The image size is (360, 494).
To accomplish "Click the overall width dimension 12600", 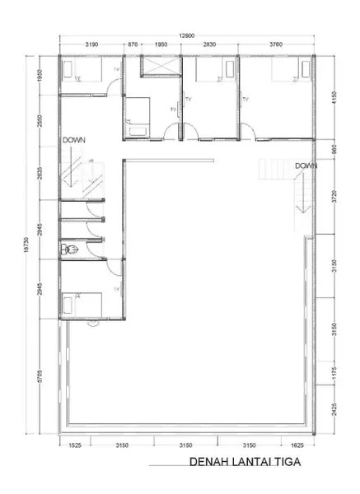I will [x=188, y=35].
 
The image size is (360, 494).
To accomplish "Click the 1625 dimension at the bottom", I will [x=297, y=446].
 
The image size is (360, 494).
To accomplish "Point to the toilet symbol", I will [x=69, y=249].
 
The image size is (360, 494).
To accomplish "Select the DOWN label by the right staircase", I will [x=306, y=165].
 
